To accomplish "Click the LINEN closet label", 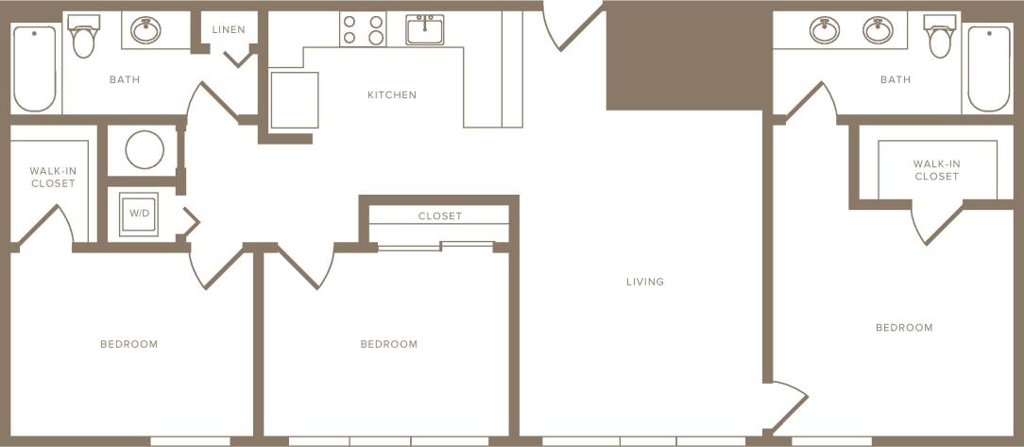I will [x=228, y=29].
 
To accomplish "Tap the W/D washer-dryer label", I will [x=139, y=214].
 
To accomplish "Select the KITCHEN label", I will [x=392, y=95].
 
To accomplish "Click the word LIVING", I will [x=645, y=282].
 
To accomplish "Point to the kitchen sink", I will [x=426, y=29].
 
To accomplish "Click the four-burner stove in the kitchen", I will [x=363, y=29].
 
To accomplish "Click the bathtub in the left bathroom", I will [x=34, y=68].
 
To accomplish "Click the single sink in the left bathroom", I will [x=145, y=31].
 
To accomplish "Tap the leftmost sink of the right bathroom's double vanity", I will [x=825, y=30].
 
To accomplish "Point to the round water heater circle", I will [x=145, y=149].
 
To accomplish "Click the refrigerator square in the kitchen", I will [x=295, y=99].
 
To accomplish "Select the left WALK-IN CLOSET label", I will [x=53, y=177].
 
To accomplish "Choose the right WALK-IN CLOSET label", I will [x=936, y=170].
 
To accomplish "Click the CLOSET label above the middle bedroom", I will [x=440, y=216].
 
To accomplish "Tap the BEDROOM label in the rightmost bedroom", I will [x=904, y=328].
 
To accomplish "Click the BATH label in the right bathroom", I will [x=896, y=79].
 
